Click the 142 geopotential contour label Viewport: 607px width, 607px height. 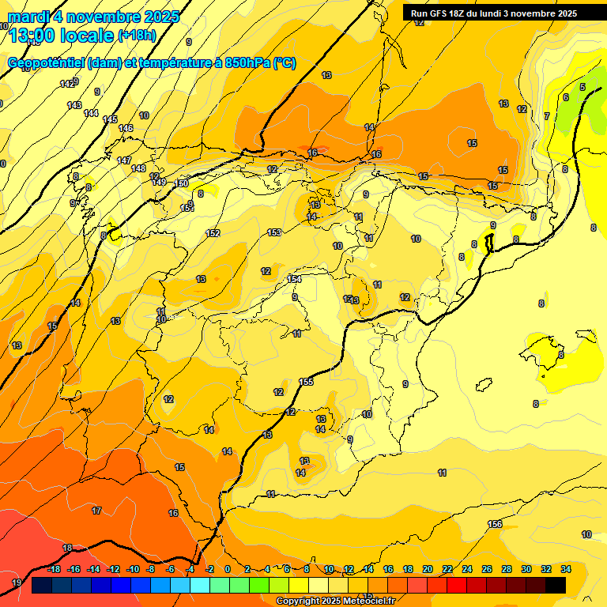[x=67, y=84]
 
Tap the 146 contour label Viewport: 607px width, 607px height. [x=126, y=128]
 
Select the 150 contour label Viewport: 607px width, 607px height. [x=181, y=183]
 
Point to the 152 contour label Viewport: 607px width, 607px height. [x=213, y=233]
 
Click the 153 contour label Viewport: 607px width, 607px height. [x=274, y=232]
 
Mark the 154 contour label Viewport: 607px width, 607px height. [x=294, y=279]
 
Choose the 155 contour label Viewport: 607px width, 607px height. [x=306, y=382]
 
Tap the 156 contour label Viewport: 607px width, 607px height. [x=495, y=524]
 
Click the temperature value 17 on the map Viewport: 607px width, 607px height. [x=96, y=511]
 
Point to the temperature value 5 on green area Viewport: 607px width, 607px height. [x=582, y=87]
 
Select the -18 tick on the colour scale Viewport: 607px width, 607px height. [x=54, y=569]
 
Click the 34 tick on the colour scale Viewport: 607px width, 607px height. [x=566, y=569]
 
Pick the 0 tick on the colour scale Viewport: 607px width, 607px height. [x=228, y=569]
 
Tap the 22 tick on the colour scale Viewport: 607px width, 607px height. [x=447, y=569]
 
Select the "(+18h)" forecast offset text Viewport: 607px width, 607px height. [x=138, y=35]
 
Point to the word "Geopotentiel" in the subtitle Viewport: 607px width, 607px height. [x=44, y=63]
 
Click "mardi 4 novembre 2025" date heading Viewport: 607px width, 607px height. [x=93, y=16]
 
